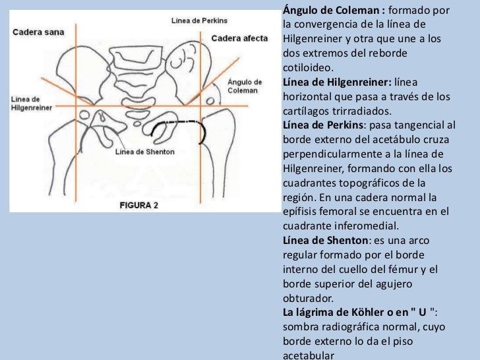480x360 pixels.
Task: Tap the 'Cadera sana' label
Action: pyautogui.click(x=36, y=31)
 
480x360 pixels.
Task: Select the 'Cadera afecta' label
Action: pyautogui.click(x=239, y=38)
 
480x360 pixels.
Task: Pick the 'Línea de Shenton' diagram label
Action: pyautogui.click(x=144, y=152)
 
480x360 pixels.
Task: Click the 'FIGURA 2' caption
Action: pyautogui.click(x=138, y=205)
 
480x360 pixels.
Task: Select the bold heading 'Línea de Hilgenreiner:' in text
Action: pyautogui.click(x=336, y=82)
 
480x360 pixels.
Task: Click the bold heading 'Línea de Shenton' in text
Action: pyautogui.click(x=322, y=240)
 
